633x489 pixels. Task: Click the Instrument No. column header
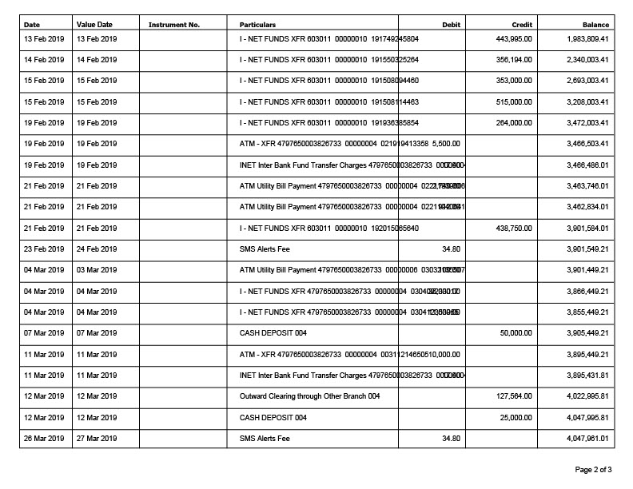click(173, 25)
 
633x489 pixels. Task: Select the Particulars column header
click(257, 25)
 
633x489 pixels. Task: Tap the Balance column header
click(595, 25)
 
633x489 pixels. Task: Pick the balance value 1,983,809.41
click(587, 38)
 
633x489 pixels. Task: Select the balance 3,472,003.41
click(587, 123)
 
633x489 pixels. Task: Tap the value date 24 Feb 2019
click(96, 249)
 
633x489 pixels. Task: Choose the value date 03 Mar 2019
click(96, 270)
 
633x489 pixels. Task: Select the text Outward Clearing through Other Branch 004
click(309, 396)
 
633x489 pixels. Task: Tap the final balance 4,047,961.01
click(587, 438)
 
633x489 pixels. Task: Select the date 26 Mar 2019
click(44, 438)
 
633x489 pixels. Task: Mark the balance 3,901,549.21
click(587, 249)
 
